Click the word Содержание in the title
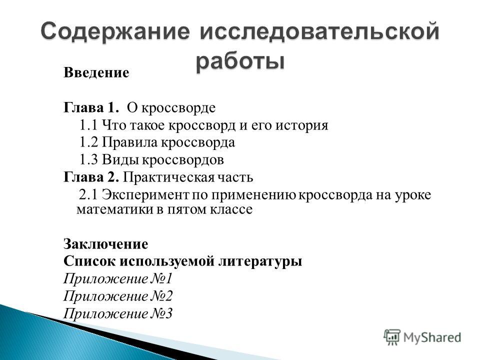click(x=115, y=31)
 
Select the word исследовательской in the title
click(x=319, y=31)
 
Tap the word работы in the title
click(x=240, y=60)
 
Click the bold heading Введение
click(x=96, y=73)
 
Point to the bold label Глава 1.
click(x=91, y=107)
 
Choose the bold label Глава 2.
click(x=91, y=177)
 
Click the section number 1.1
click(x=89, y=125)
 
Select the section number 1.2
click(x=89, y=142)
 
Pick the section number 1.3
click(x=89, y=160)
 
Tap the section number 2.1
click(x=88, y=194)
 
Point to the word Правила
click(x=130, y=142)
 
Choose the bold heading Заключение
click(x=106, y=244)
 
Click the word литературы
click(x=260, y=261)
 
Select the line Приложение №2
click(x=118, y=296)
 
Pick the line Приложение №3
click(x=118, y=314)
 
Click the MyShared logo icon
click(x=392, y=337)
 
